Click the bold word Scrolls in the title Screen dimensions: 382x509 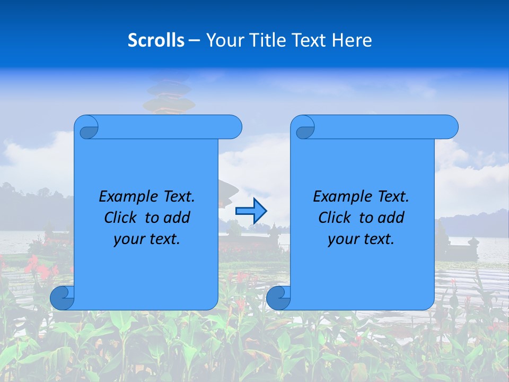[x=156, y=40]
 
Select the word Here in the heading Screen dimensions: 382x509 [x=352, y=40]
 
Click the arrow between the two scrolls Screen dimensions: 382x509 [x=251, y=211]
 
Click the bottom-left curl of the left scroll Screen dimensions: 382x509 [x=62, y=298]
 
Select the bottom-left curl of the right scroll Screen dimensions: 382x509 [x=278, y=298]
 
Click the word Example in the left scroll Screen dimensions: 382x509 [x=125, y=197]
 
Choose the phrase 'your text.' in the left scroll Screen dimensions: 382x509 [x=147, y=239]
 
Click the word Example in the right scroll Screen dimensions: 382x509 [x=339, y=197]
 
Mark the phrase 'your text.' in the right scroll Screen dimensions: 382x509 [x=361, y=239]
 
